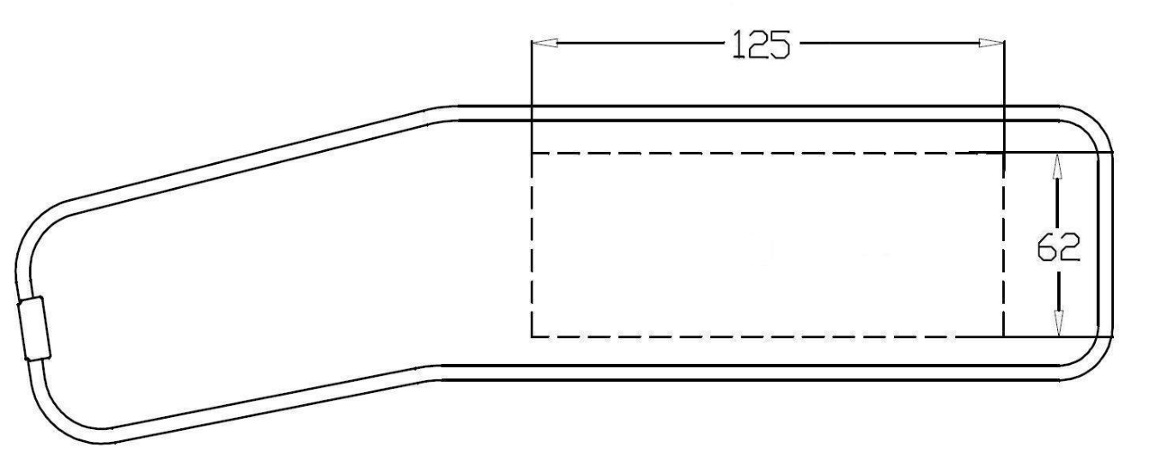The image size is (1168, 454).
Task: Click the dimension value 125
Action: (x=761, y=45)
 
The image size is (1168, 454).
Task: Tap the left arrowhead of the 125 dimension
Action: (x=544, y=43)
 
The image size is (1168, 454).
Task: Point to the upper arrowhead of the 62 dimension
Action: (x=1057, y=166)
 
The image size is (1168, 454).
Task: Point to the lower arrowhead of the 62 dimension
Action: (x=1058, y=324)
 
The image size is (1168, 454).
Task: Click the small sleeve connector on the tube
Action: (x=34, y=329)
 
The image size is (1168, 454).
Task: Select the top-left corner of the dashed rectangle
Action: (x=532, y=153)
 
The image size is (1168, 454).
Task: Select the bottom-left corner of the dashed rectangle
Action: (x=532, y=336)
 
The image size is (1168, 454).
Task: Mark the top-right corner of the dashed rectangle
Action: (x=1004, y=153)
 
